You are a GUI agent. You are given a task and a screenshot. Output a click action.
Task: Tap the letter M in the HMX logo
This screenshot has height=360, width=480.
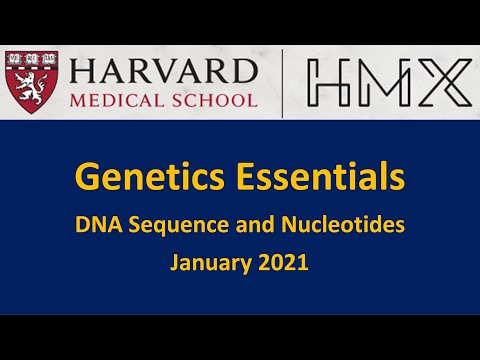(x=385, y=83)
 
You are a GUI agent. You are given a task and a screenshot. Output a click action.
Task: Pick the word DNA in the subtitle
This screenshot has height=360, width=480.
(x=96, y=226)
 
